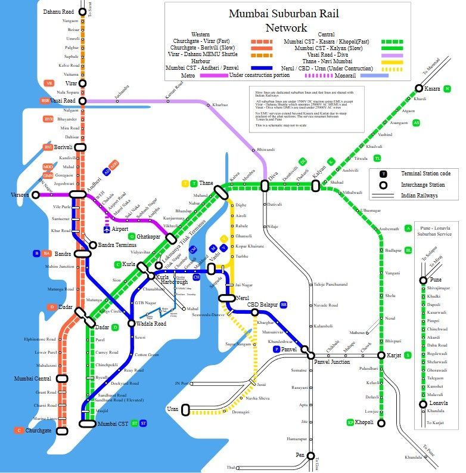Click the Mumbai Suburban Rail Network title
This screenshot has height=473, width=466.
point(287,20)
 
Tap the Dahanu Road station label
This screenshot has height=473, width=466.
point(58,11)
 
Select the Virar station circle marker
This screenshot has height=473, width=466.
point(84,83)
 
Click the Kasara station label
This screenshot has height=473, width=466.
point(432,89)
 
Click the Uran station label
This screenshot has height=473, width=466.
point(173,409)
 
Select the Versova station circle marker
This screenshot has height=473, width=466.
point(36,195)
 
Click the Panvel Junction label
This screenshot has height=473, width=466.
point(333,362)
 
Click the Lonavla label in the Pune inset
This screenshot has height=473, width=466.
point(439,403)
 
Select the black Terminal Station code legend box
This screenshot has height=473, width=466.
point(384,174)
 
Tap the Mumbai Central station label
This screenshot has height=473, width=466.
point(33,379)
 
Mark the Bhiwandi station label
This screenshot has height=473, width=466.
point(266,149)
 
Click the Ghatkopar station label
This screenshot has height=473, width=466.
point(150,236)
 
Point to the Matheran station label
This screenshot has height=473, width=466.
point(357,333)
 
